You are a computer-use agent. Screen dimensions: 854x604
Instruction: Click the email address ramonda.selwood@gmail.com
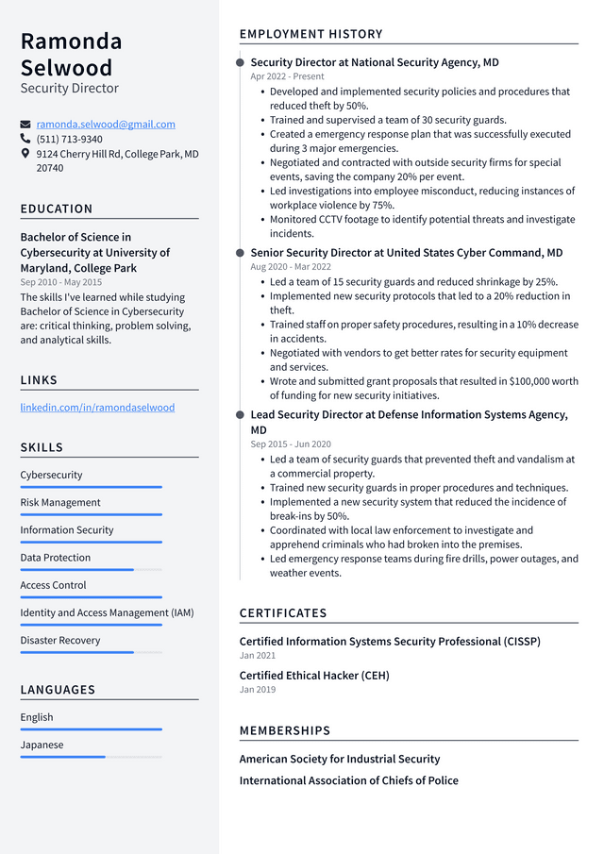pyautogui.click(x=106, y=125)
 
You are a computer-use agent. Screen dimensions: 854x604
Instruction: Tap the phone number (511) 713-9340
pyautogui.click(x=70, y=139)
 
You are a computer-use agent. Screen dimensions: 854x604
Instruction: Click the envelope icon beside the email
pyautogui.click(x=25, y=125)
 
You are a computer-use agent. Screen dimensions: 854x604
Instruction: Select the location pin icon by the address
pyautogui.click(x=25, y=153)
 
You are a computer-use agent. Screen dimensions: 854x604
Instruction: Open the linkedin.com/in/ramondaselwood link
pyautogui.click(x=97, y=408)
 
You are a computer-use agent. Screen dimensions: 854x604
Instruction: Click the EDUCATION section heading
pyautogui.click(x=57, y=209)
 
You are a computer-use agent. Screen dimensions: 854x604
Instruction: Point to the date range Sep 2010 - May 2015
pyautogui.click(x=61, y=282)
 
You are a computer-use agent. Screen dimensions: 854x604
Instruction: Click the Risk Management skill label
pyautogui.click(x=60, y=502)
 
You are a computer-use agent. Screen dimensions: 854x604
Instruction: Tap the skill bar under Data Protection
pyautogui.click(x=91, y=570)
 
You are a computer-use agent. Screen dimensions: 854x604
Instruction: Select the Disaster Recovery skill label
pyautogui.click(x=59, y=640)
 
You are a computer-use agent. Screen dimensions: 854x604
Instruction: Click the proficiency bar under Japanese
pyautogui.click(x=91, y=757)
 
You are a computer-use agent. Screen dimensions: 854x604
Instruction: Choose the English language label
pyautogui.click(x=37, y=717)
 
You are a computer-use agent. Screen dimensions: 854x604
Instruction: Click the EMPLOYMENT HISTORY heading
pyautogui.click(x=310, y=34)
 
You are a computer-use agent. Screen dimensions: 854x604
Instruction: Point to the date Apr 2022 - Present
pyautogui.click(x=287, y=76)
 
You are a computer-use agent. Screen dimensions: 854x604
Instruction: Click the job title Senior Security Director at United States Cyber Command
pyautogui.click(x=406, y=253)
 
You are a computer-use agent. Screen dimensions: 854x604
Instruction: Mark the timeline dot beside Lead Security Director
pyautogui.click(x=240, y=415)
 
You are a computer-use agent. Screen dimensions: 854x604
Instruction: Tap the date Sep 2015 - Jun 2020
pyautogui.click(x=290, y=444)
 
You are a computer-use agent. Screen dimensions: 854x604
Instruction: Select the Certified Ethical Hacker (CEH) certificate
pyautogui.click(x=313, y=676)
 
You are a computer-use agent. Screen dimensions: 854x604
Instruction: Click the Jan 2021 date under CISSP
pyautogui.click(x=258, y=656)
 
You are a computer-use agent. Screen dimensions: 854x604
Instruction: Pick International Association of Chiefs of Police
pyautogui.click(x=348, y=780)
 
